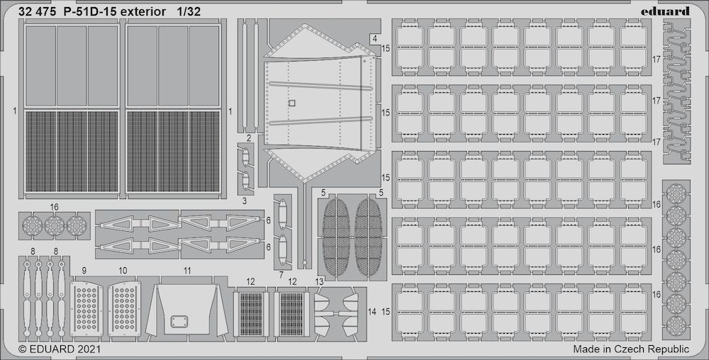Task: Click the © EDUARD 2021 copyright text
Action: [58, 349]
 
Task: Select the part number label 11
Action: [187, 271]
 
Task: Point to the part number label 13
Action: [319, 282]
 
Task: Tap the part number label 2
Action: [249, 137]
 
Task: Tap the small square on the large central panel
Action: [291, 103]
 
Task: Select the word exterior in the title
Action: [145, 11]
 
